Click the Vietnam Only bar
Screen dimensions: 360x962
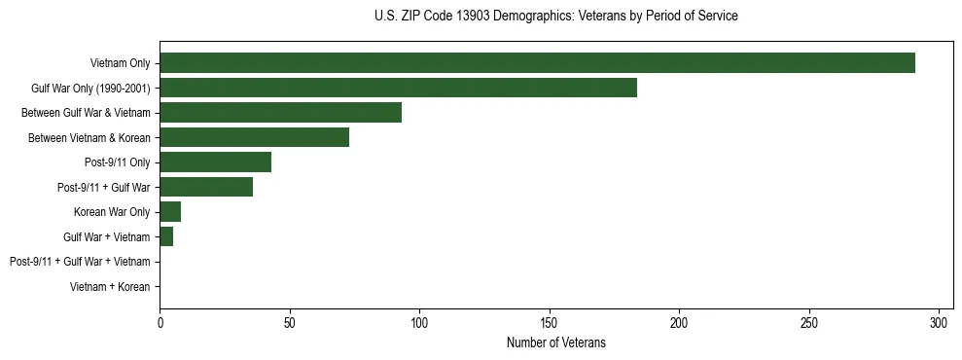[x=537, y=63]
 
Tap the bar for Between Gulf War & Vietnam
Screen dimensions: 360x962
[x=280, y=113]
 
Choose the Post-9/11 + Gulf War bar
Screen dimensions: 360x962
[x=206, y=187]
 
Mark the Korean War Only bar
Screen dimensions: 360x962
[x=170, y=212]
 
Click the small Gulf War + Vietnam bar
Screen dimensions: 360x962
[x=166, y=236]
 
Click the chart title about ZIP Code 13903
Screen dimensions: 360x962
[x=555, y=17]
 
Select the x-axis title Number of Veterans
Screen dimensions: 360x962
[x=555, y=342]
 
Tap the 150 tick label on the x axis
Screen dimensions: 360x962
[x=550, y=321]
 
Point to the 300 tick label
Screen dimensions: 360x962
[x=939, y=321]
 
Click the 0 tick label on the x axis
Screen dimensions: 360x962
[x=160, y=321]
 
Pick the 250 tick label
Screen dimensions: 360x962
[x=809, y=321]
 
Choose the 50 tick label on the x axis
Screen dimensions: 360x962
[x=290, y=321]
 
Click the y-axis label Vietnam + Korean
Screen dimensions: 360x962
[x=110, y=287]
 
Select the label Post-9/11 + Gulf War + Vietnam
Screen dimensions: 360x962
[x=80, y=262]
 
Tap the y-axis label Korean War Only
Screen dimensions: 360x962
[x=112, y=212]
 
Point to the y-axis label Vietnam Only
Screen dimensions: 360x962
[x=120, y=63]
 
